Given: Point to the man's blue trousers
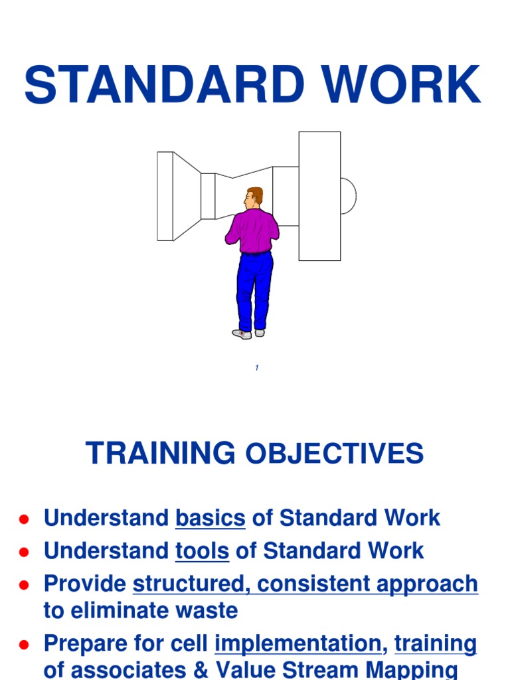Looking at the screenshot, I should pos(254,289).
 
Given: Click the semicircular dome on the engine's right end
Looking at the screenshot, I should pos(347,196).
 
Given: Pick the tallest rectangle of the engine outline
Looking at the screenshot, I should pos(319,196).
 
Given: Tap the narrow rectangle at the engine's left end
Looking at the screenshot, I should pos(165,196).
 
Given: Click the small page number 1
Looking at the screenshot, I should pos(256,368).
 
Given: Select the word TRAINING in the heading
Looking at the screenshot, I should pos(160,454).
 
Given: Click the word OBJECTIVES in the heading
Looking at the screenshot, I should pos(335,454).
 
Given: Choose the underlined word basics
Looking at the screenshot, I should pos(210,518).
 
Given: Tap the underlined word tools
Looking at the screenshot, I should pos(202,551).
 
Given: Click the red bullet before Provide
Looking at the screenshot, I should pos(24,585).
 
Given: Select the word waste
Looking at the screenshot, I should pos(209,610).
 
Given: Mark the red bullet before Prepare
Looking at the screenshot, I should pos(24,644).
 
